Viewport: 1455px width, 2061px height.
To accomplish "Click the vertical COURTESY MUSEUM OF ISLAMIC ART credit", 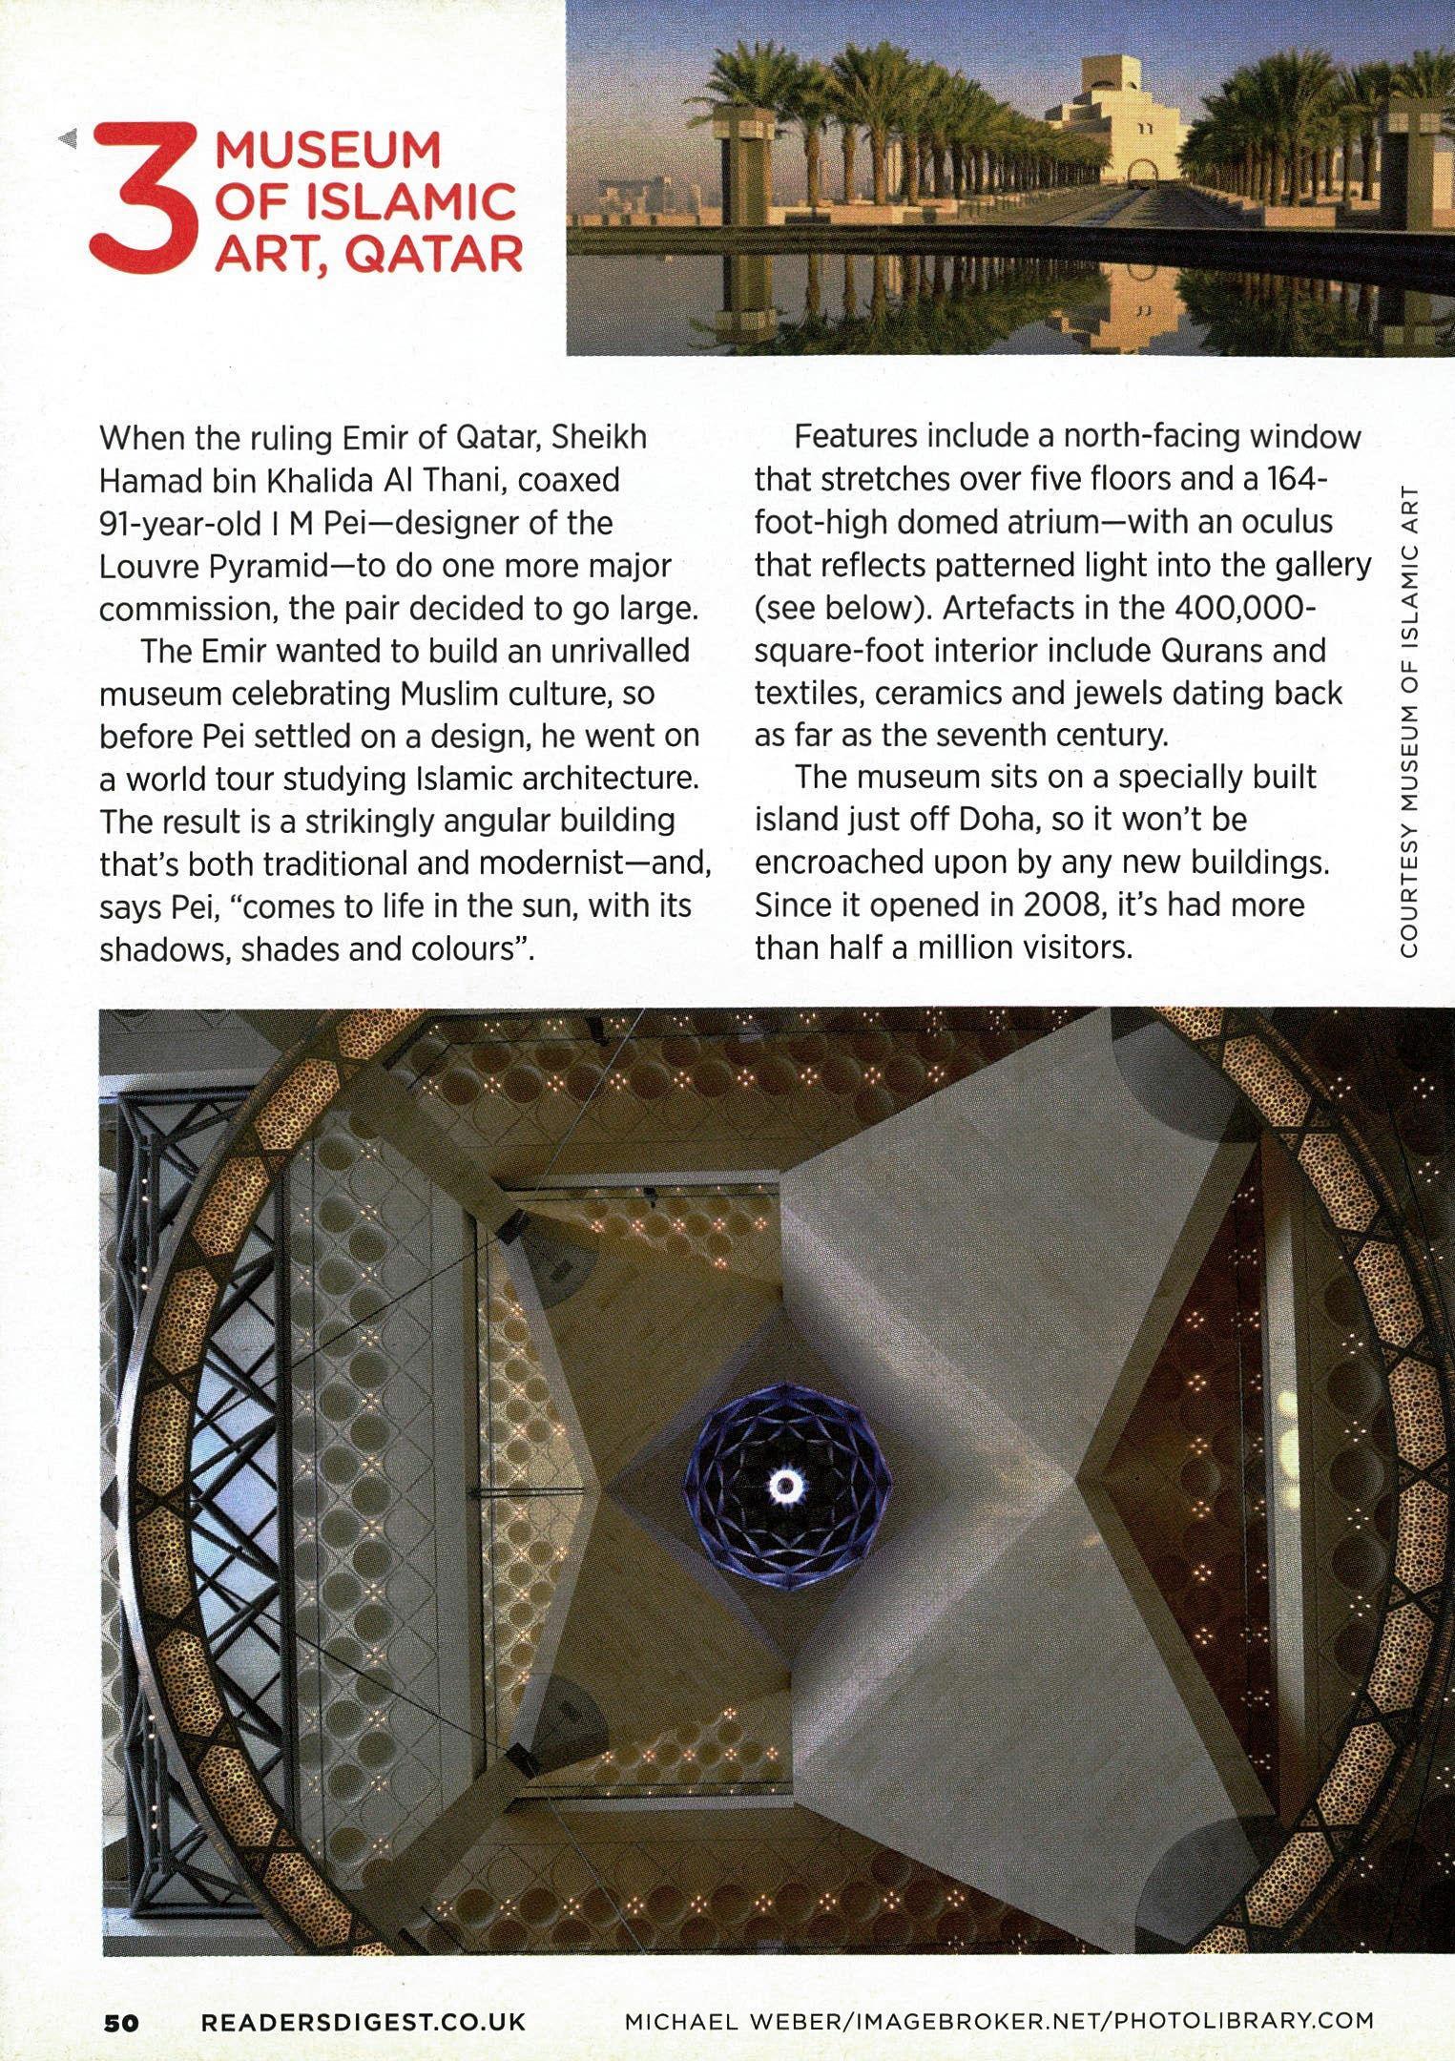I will pyautogui.click(x=1409, y=723).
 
